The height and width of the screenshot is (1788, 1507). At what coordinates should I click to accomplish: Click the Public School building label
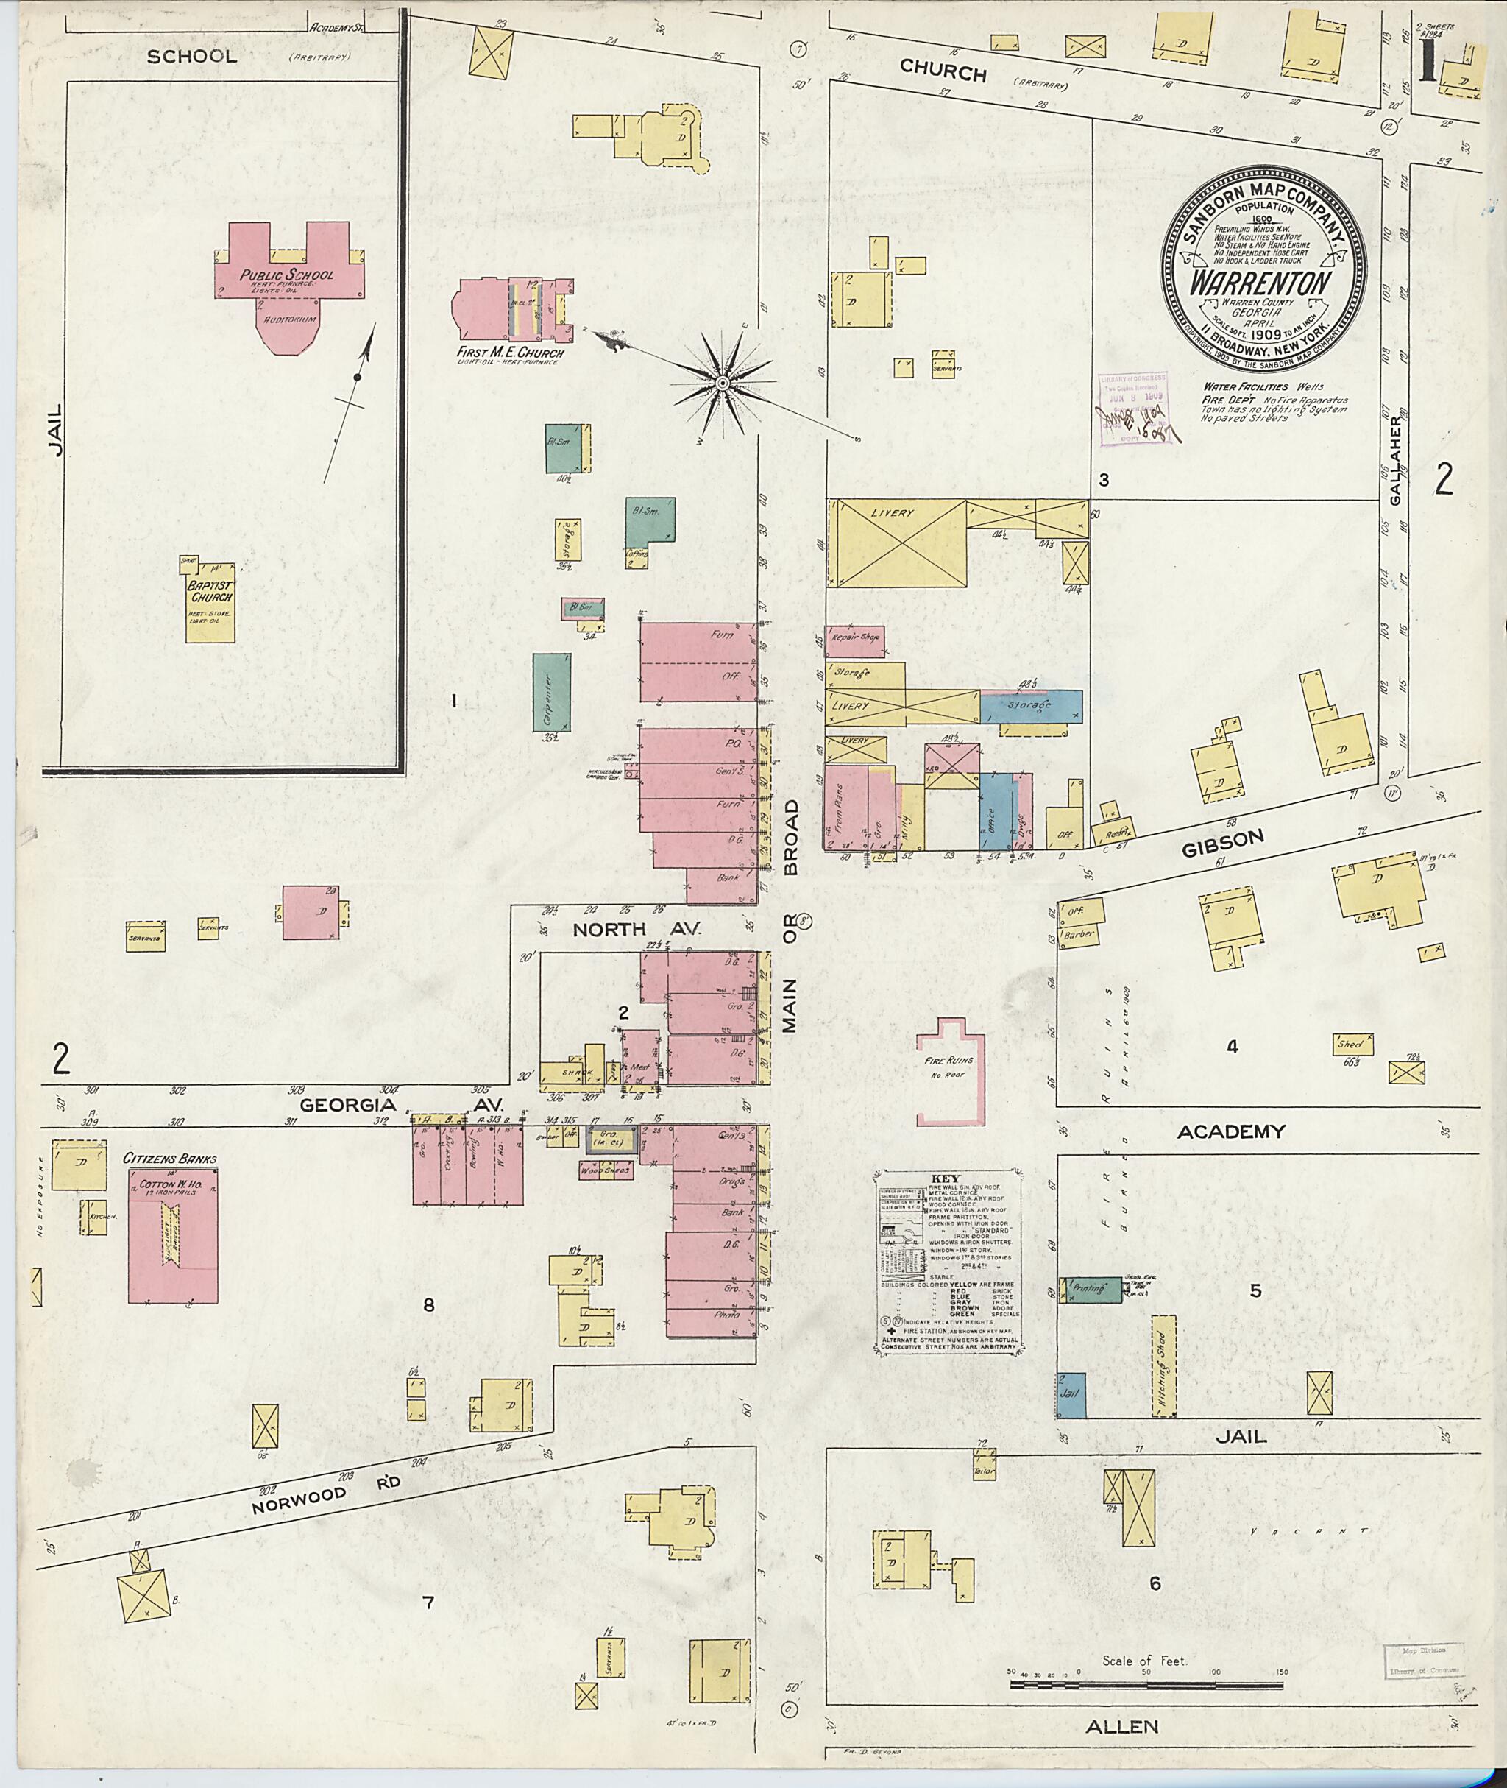286,275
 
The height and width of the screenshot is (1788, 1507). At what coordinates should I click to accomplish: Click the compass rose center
722,384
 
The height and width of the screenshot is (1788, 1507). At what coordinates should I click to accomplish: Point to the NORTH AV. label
637,929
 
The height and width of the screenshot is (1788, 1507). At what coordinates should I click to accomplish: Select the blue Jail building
1071,1395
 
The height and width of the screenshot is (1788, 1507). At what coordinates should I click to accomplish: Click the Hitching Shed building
1163,1368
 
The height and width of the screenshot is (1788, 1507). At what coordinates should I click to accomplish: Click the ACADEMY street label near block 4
1231,1131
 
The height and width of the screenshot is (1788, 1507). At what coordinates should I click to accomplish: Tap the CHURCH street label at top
944,73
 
